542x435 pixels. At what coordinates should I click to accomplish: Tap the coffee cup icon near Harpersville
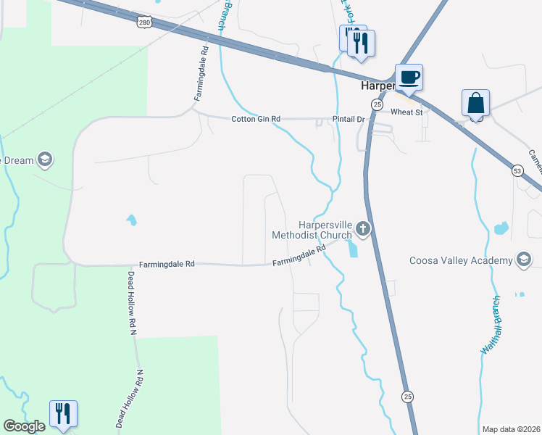409,77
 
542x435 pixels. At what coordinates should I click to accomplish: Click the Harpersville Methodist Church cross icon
363,230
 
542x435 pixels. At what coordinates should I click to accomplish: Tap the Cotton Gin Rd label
256,119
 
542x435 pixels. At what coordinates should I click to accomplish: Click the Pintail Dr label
349,119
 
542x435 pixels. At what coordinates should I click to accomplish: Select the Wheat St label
406,112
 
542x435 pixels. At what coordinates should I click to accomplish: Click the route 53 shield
517,171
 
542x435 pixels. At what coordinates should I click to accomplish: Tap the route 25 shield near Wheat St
377,105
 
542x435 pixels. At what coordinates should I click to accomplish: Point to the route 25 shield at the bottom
408,396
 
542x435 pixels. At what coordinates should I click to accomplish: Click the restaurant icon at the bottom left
63,413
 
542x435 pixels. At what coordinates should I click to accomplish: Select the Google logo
24,426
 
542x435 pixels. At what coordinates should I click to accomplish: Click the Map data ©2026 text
511,429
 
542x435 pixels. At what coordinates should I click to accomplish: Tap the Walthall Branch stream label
491,325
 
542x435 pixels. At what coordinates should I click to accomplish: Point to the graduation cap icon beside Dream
45,160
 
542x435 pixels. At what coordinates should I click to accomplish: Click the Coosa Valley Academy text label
461,260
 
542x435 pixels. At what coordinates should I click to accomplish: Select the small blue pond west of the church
131,219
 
